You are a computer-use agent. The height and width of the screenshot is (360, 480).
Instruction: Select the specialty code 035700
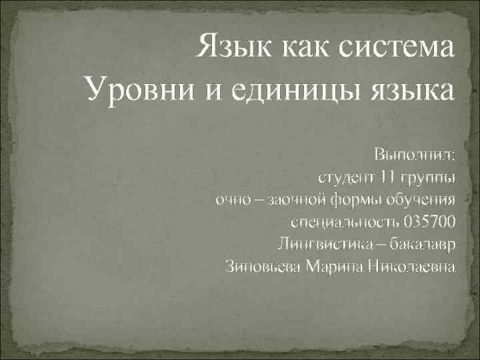(429, 223)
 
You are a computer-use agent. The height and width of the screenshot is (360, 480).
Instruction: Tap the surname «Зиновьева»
(264, 267)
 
